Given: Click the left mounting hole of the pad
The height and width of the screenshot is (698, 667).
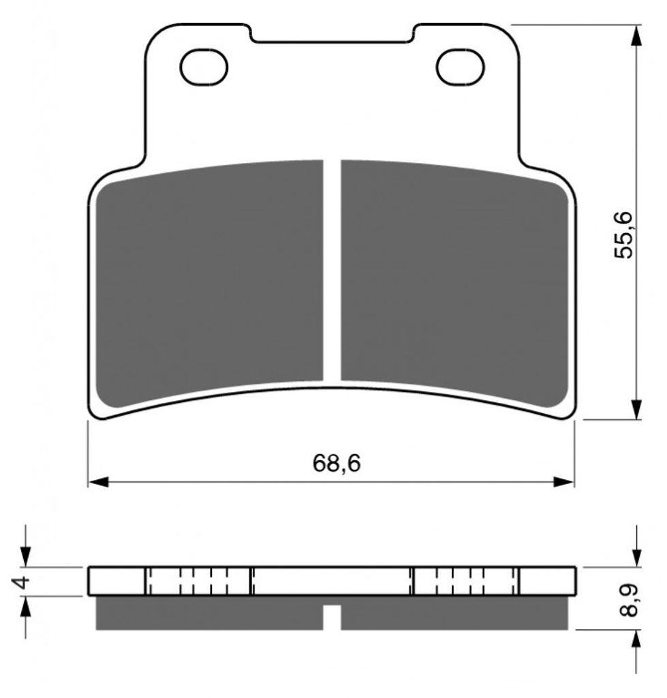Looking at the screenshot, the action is (x=204, y=67).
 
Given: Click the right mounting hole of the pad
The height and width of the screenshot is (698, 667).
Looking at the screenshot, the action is (x=460, y=67).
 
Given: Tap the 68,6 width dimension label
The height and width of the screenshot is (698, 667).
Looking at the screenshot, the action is (x=337, y=464).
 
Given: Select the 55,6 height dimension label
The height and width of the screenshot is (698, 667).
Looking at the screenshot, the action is (x=623, y=235).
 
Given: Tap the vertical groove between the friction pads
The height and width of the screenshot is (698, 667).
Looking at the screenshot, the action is (x=332, y=270).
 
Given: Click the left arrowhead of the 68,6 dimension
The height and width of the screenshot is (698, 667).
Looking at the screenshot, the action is (x=98, y=482).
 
